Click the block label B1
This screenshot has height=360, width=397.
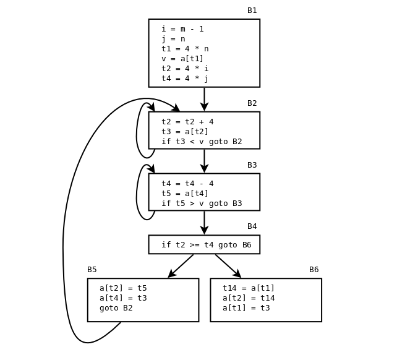point(252,11)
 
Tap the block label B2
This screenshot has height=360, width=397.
point(252,103)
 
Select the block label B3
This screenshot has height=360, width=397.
point(252,165)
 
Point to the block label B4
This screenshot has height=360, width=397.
point(252,226)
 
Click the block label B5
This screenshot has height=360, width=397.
point(92,270)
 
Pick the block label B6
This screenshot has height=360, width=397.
point(314,270)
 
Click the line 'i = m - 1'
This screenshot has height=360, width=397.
point(182,29)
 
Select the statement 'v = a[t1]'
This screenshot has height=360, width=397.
point(182,59)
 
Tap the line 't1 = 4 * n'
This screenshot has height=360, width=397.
point(185,49)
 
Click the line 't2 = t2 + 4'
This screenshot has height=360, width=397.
point(187,122)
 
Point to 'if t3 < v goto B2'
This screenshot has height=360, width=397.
point(202,142)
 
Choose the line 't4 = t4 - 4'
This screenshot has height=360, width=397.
point(187,184)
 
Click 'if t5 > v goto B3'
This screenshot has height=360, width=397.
point(202,204)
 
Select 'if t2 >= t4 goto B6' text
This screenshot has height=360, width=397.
point(206,245)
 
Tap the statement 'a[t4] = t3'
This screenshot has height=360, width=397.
point(123,298)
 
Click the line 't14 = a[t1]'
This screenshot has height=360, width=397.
point(249,288)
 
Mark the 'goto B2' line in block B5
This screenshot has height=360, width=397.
point(116,308)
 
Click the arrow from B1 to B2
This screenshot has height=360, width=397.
point(204,99)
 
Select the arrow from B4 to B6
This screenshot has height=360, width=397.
point(228,265)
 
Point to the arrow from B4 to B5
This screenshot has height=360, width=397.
point(181,266)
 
